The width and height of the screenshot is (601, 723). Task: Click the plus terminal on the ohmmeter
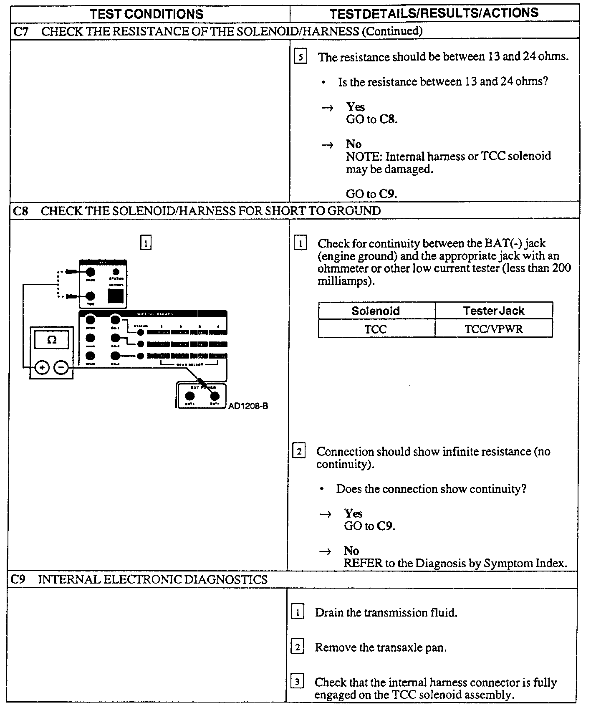coord(42,368)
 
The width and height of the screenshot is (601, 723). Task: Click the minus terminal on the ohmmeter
coord(61,368)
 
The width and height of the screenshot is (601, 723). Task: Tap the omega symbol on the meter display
coord(52,340)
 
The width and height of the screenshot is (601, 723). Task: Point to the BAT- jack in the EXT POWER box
coord(215,396)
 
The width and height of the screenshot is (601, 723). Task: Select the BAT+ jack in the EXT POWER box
coord(189,396)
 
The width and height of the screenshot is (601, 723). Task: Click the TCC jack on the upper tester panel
coord(90,296)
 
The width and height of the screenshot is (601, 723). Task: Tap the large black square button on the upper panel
coord(116,296)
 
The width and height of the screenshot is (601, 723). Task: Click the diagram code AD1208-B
coord(248,406)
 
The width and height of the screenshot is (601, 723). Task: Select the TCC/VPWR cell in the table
coord(493,329)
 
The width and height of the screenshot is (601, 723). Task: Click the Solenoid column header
coord(376,311)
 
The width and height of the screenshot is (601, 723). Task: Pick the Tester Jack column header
coord(493,311)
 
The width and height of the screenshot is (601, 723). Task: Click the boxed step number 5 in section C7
coord(300,56)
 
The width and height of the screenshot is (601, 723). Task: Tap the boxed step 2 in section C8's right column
coord(299,451)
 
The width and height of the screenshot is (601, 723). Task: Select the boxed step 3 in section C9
coord(297,682)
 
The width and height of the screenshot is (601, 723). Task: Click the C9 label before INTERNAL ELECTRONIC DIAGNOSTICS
coord(18,579)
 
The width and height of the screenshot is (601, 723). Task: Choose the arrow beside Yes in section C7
coord(328,108)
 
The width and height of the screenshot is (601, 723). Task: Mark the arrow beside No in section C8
coord(326,551)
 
